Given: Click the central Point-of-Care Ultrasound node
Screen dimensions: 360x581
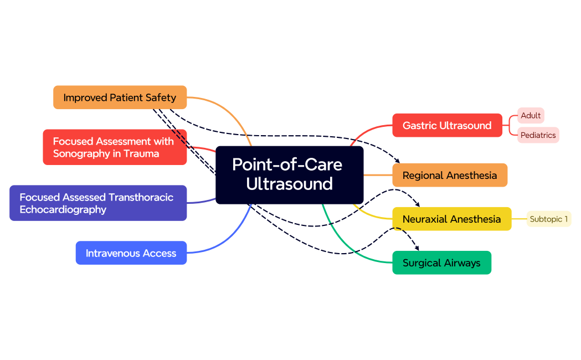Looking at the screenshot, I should (x=289, y=174).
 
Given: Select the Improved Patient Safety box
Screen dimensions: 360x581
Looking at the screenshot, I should (x=120, y=97).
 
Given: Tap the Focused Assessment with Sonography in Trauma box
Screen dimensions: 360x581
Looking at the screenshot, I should (x=115, y=147).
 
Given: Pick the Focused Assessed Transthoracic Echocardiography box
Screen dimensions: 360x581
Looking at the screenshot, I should (x=98, y=203).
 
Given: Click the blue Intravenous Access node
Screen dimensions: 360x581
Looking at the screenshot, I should (x=131, y=253).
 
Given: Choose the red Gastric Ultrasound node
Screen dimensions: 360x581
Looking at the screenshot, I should (x=447, y=125).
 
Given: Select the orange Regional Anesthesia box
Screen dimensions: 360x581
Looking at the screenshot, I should (x=450, y=175).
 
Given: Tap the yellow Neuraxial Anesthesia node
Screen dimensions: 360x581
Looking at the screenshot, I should (x=451, y=219).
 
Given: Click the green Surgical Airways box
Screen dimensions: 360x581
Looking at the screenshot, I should (x=441, y=263).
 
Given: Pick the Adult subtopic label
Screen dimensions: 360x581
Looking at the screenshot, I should (x=531, y=116).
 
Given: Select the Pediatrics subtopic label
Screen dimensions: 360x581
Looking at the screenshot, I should (x=538, y=135).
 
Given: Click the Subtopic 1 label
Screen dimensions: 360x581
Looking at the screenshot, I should (x=548, y=219).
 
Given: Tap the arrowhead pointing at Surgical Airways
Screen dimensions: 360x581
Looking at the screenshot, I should (x=417, y=248).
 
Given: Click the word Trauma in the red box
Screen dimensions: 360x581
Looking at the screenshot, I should (x=142, y=154).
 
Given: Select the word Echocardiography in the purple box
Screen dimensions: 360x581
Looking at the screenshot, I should (x=63, y=210).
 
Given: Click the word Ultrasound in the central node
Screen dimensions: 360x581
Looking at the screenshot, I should (x=289, y=184).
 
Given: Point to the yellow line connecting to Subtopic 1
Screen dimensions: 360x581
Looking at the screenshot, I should (x=519, y=219).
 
